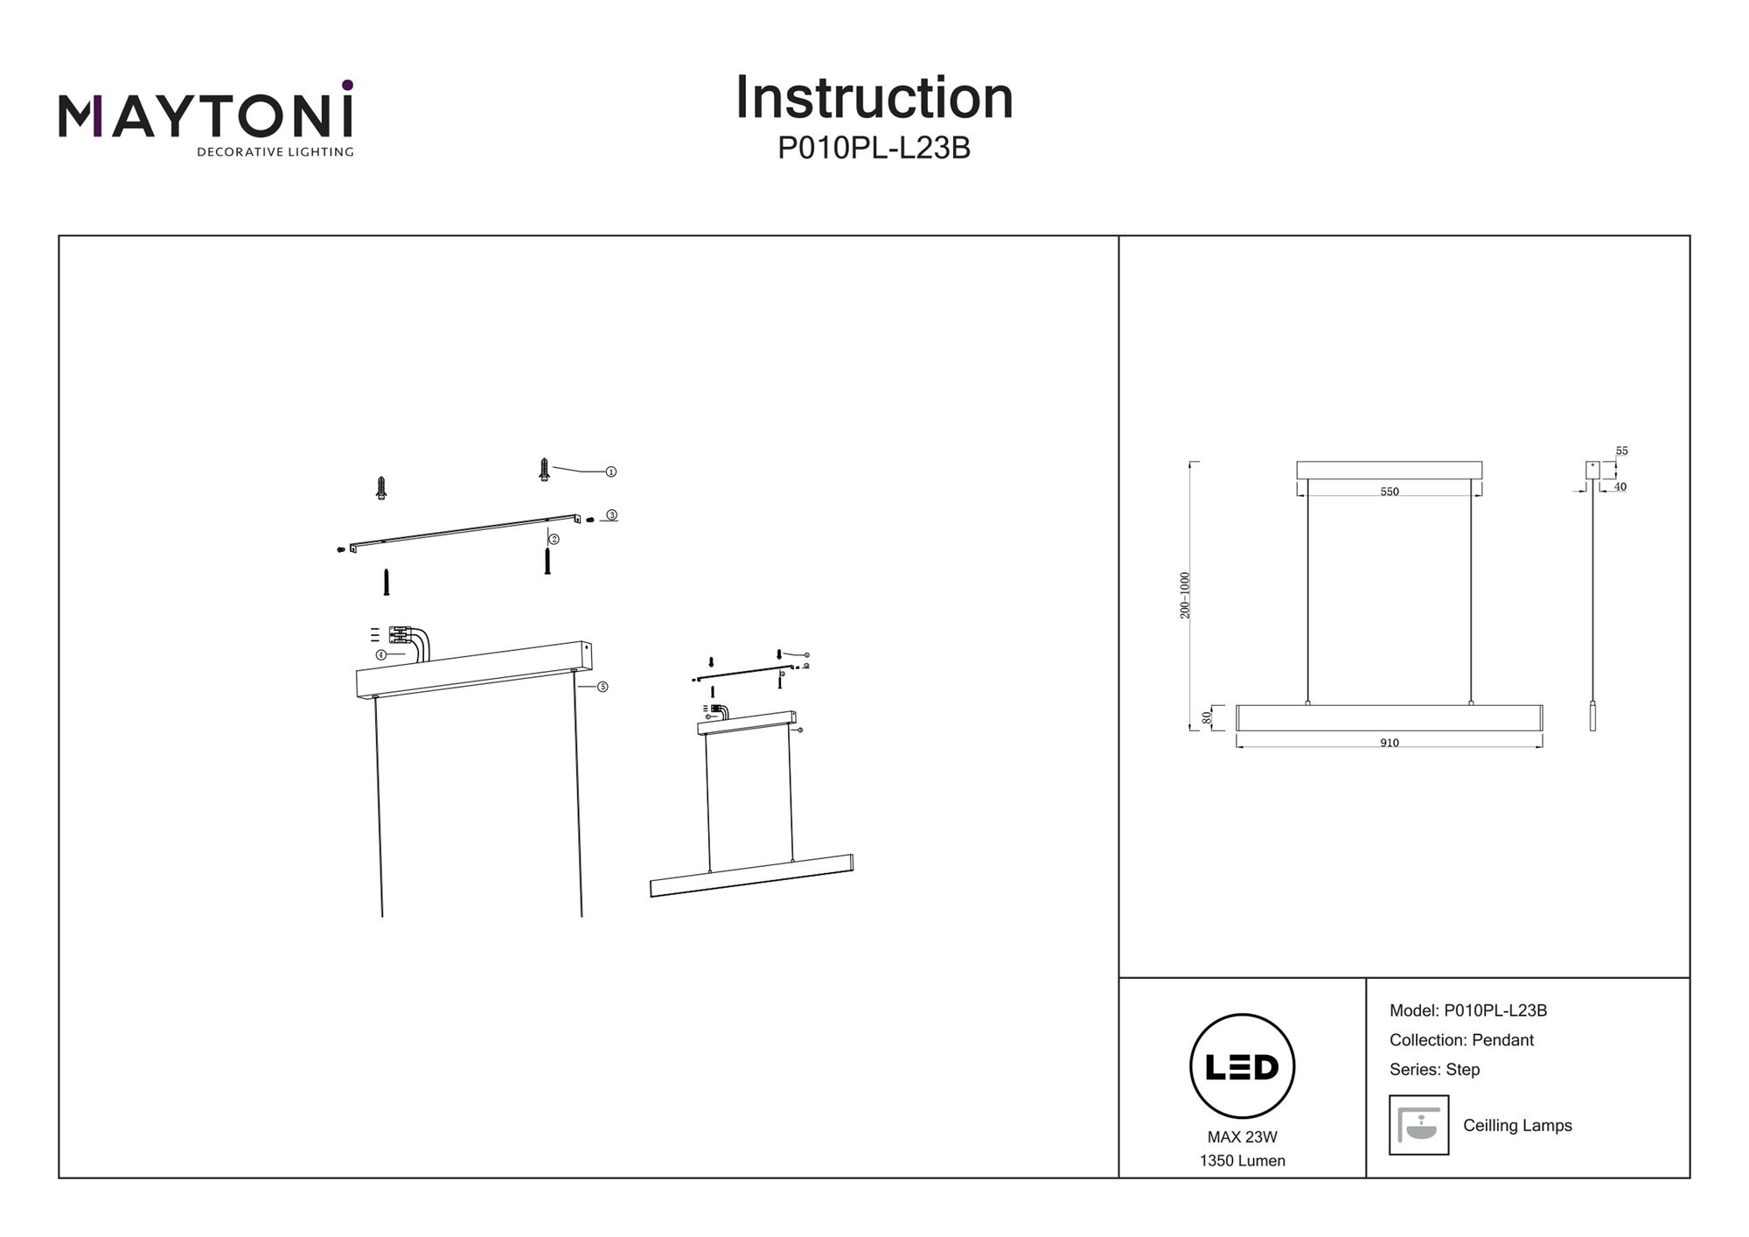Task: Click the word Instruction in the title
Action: pyautogui.click(x=874, y=98)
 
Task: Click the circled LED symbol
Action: pyautogui.click(x=1242, y=1066)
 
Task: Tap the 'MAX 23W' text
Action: pyautogui.click(x=1242, y=1137)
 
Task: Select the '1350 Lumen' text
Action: pyautogui.click(x=1242, y=1161)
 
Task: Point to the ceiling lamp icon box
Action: pyautogui.click(x=1418, y=1125)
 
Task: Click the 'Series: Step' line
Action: pyautogui.click(x=1434, y=1069)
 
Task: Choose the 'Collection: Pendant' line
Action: pyautogui.click(x=1461, y=1040)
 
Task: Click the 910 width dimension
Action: pyautogui.click(x=1389, y=743)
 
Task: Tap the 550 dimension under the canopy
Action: pyautogui.click(x=1389, y=492)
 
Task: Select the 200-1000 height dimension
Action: pyautogui.click(x=1185, y=595)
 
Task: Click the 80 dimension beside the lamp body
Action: pyautogui.click(x=1208, y=717)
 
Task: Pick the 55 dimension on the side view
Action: pyautogui.click(x=1621, y=451)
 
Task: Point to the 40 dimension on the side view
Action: pyautogui.click(x=1620, y=486)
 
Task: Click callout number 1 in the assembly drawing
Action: pyautogui.click(x=611, y=472)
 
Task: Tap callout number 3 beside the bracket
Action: pyautogui.click(x=612, y=515)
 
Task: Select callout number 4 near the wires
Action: pyautogui.click(x=380, y=654)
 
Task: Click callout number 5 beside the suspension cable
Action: pyautogui.click(x=603, y=687)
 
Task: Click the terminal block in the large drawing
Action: pyautogui.click(x=401, y=635)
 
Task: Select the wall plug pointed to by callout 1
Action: pyautogui.click(x=544, y=470)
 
